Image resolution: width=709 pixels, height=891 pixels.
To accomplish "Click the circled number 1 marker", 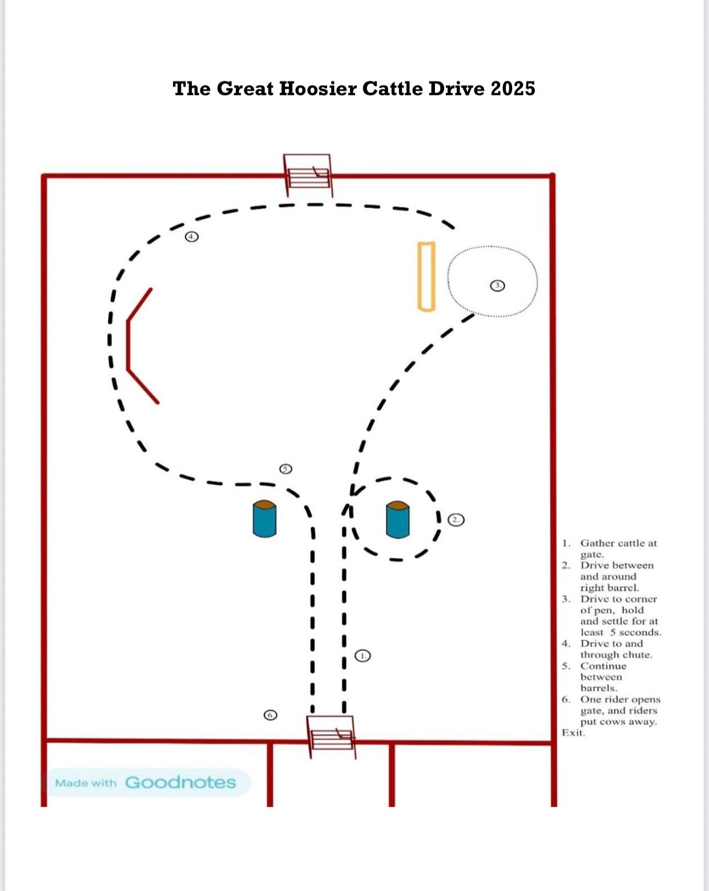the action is [x=363, y=655].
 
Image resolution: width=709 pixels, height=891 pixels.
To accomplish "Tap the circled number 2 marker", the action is [x=456, y=519].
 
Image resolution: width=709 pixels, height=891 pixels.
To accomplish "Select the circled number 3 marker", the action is [x=497, y=286].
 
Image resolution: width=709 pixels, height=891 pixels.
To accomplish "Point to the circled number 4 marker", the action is [x=191, y=237].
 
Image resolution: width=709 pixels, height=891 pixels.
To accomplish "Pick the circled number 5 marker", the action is [x=286, y=469].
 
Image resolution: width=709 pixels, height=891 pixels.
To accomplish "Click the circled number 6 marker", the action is [x=271, y=715].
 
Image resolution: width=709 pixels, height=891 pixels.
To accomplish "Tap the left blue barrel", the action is [x=264, y=519].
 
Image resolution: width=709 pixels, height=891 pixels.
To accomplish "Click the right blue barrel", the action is [x=397, y=519].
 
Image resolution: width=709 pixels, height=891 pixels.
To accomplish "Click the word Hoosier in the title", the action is [x=317, y=88].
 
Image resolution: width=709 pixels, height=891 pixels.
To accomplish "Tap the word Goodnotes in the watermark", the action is [x=180, y=783].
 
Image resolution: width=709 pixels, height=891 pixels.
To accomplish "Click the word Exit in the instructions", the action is [x=574, y=732].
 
